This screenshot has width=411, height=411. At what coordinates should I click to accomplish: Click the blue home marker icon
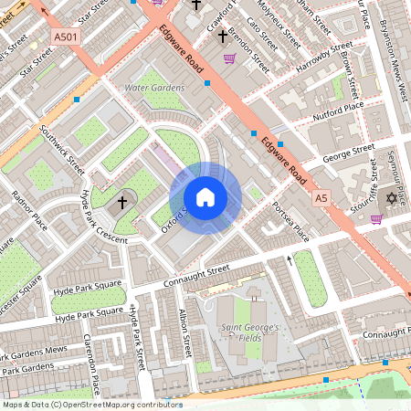(205, 197)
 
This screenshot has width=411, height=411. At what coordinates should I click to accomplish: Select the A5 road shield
(321, 197)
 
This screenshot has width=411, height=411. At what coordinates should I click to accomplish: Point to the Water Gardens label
(154, 88)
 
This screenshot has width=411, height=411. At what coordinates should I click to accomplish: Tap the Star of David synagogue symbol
(394, 198)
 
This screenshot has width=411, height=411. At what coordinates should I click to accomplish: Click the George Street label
(349, 151)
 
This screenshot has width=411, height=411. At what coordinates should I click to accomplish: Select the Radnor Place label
(28, 209)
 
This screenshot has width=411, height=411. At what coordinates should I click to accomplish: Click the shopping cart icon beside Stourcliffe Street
(376, 218)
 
